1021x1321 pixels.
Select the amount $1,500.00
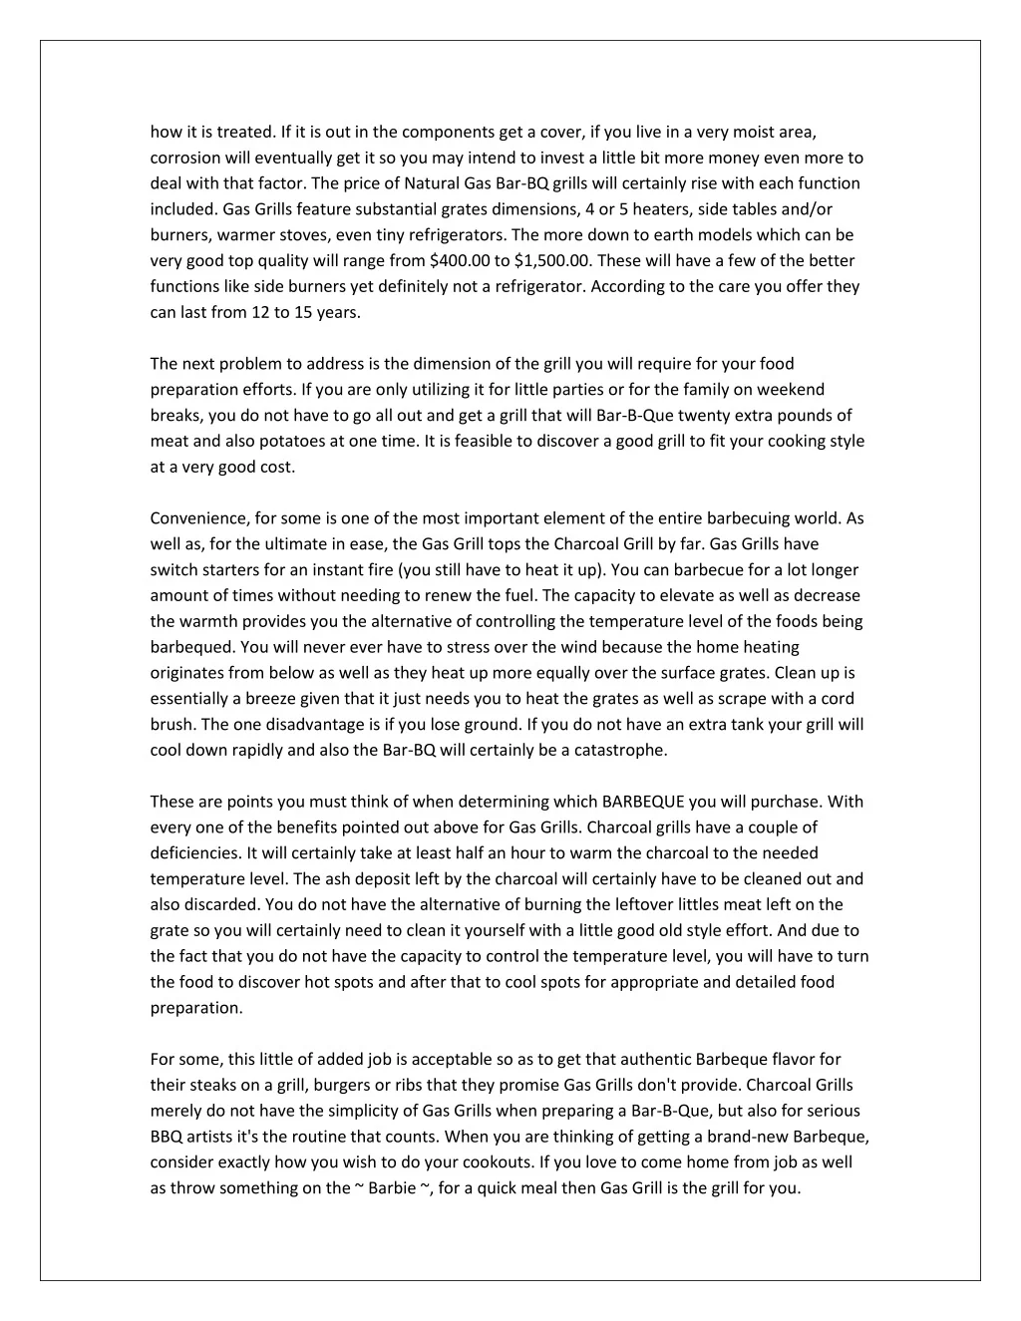554,261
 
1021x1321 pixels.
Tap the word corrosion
185,158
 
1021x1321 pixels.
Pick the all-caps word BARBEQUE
643,802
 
